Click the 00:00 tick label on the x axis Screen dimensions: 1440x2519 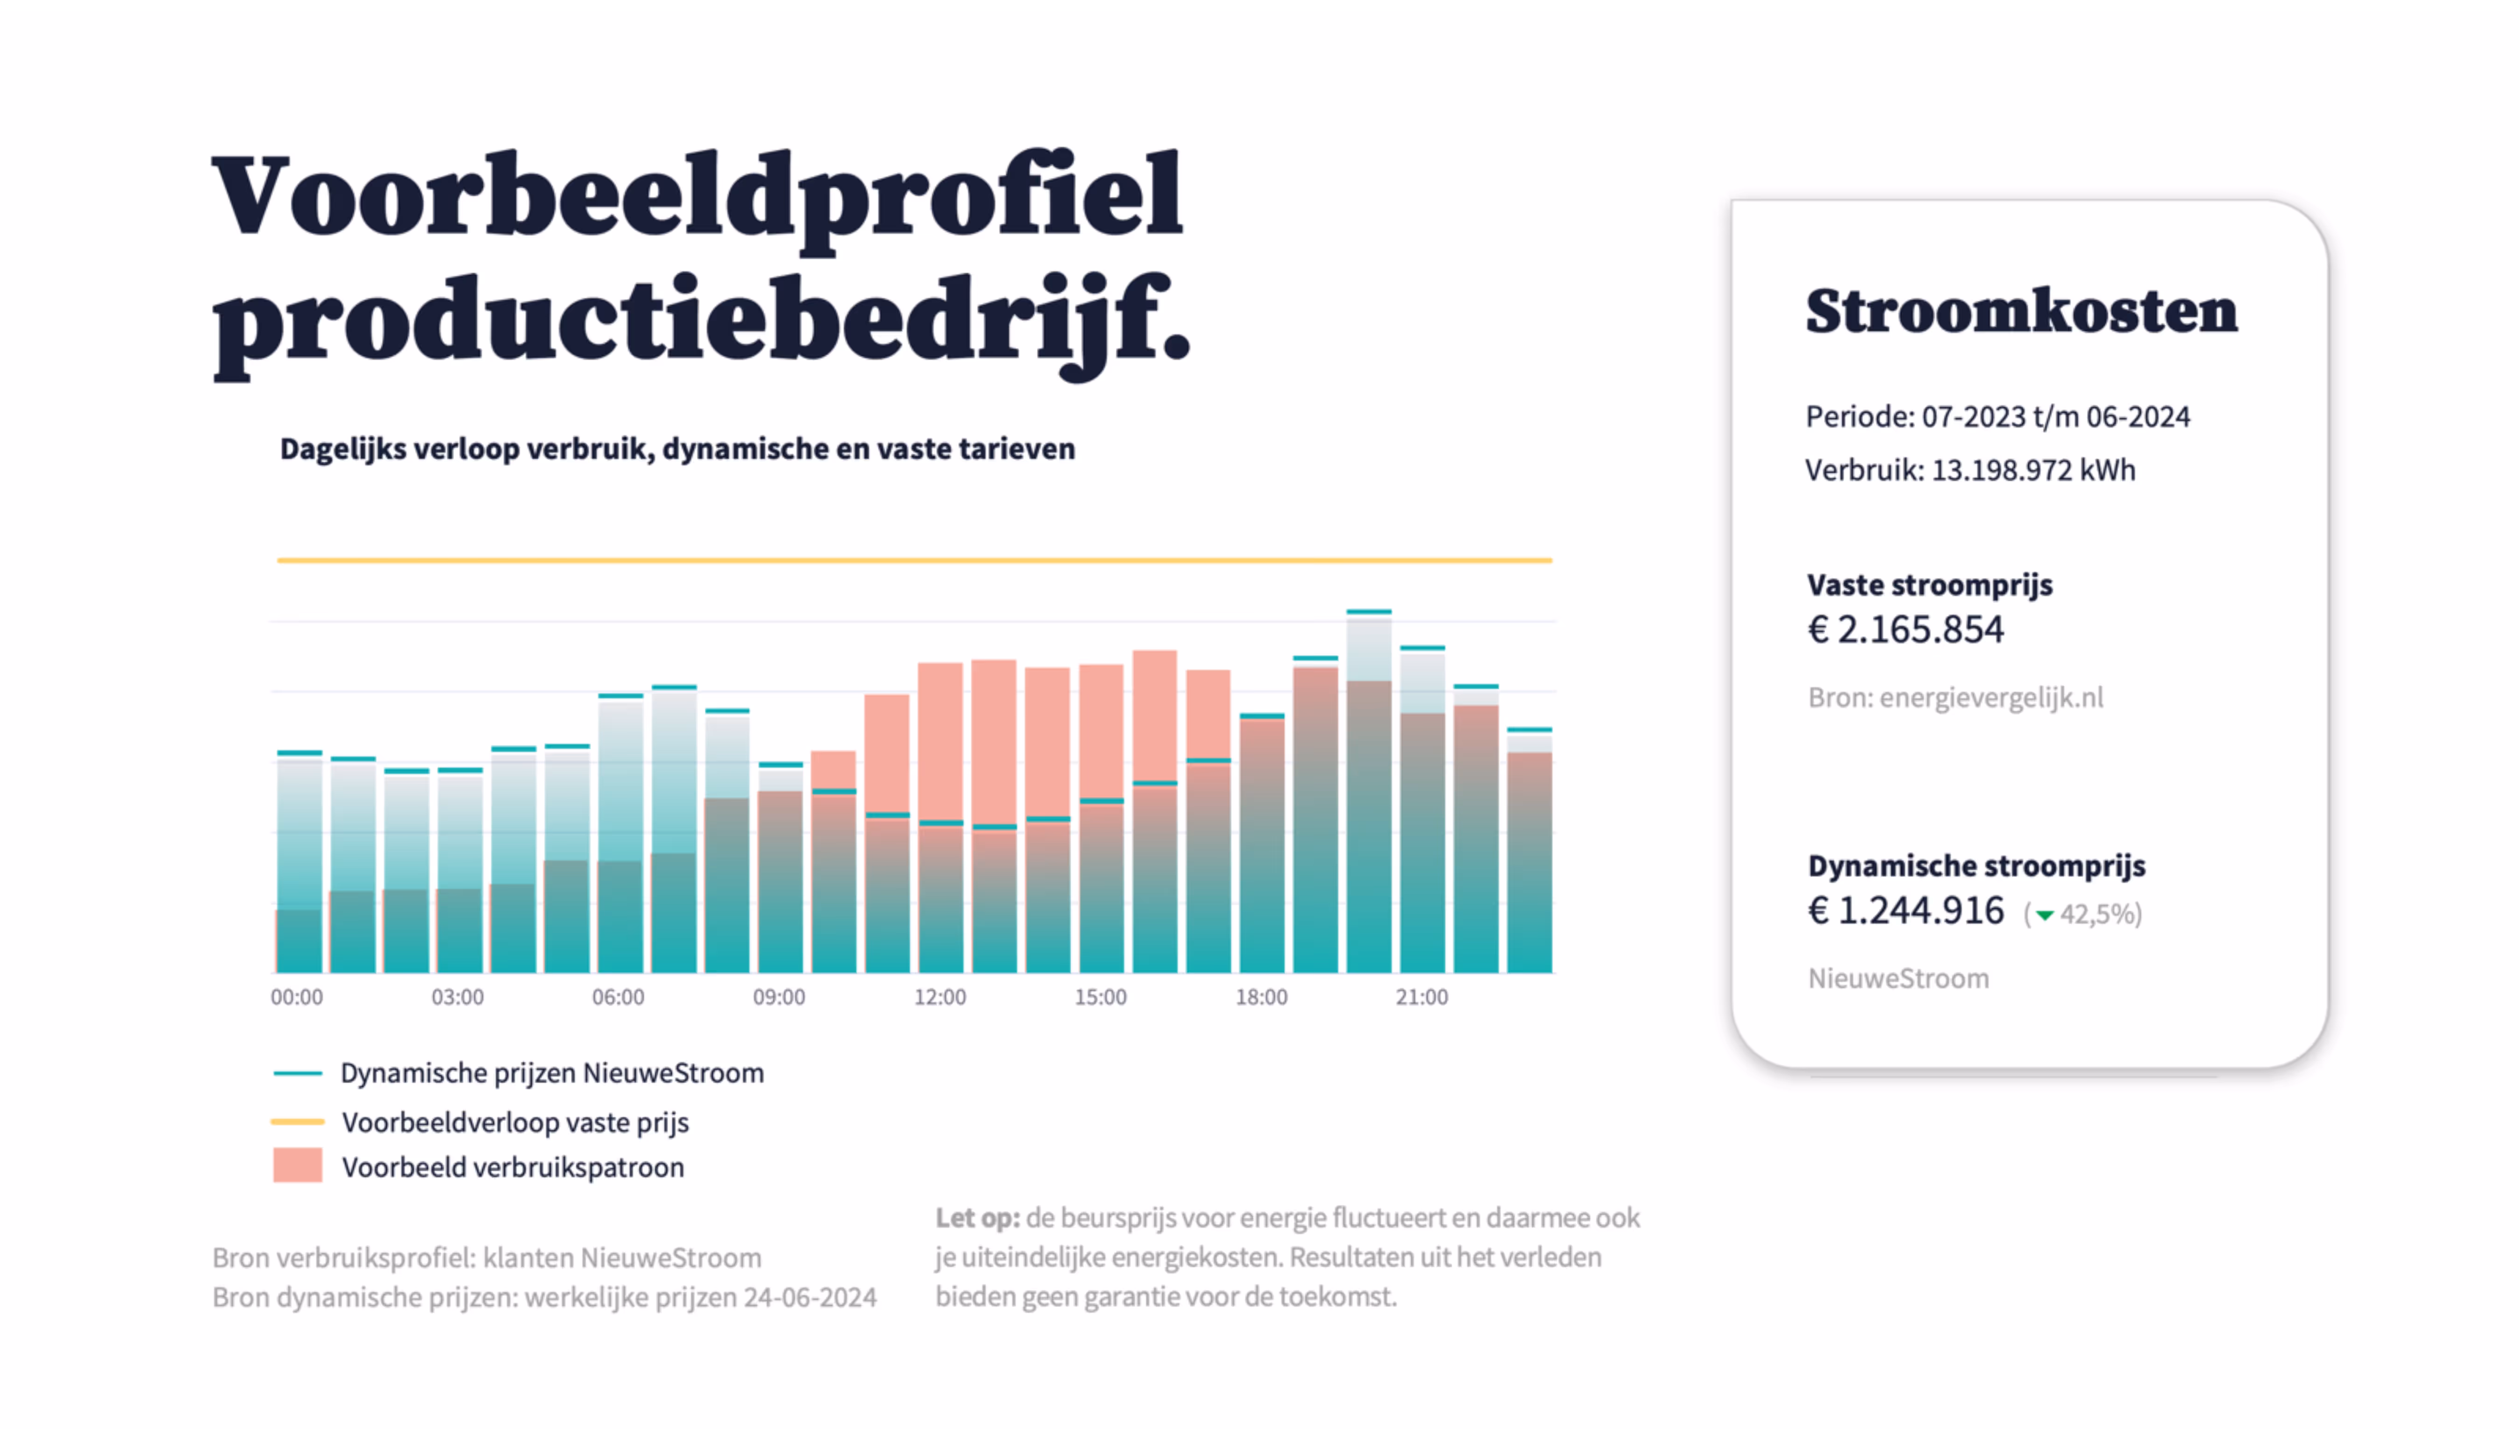coord(297,997)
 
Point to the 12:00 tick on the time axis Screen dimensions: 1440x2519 coord(939,997)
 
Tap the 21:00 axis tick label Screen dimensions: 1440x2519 coord(1421,997)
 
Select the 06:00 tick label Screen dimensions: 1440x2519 coord(618,997)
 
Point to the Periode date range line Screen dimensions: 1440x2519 coord(1997,417)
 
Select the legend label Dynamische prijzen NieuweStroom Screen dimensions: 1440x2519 coord(552,1073)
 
